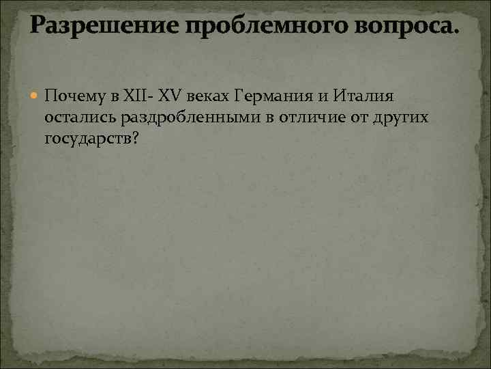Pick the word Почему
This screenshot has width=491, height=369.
point(73,96)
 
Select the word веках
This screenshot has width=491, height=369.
point(207,96)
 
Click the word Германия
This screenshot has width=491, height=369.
point(269,96)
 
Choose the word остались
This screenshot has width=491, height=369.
point(80,118)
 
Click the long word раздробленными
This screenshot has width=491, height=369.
point(192,118)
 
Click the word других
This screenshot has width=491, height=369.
point(400,118)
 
